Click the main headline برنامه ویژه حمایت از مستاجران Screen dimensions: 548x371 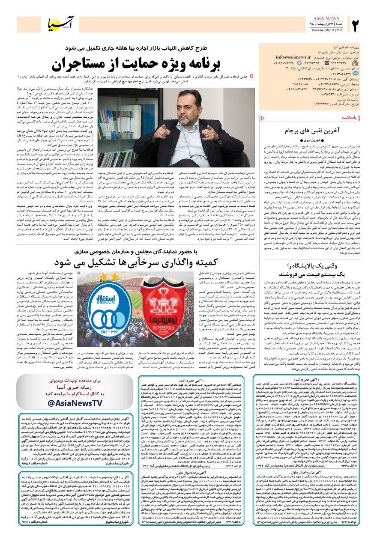click(137, 63)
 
